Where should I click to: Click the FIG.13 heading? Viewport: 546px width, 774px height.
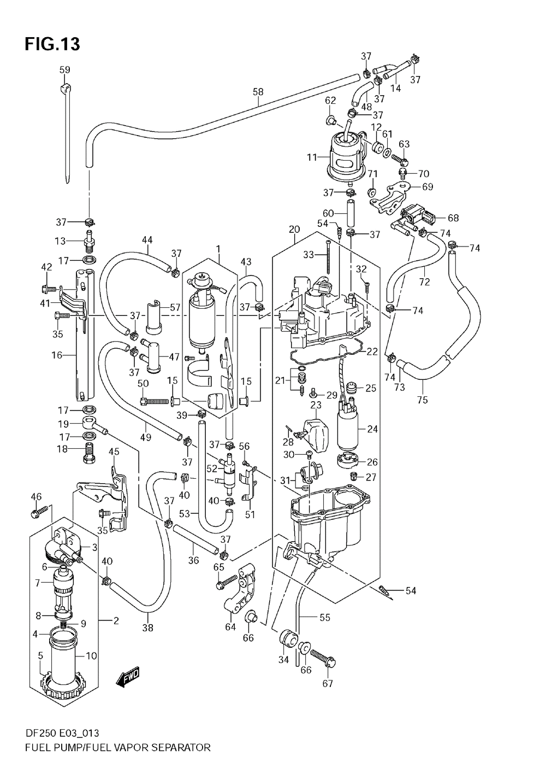pyautogui.click(x=52, y=44)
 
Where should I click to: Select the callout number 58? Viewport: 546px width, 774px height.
pyautogui.click(x=258, y=92)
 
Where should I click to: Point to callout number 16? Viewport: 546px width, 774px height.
pyautogui.click(x=57, y=355)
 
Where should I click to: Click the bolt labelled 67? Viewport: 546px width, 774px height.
pyautogui.click(x=323, y=659)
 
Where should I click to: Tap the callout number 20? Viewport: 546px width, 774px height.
pyautogui.click(x=294, y=229)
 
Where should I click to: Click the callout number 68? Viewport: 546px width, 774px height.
pyautogui.click(x=453, y=218)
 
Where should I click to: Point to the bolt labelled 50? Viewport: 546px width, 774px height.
pyautogui.click(x=155, y=401)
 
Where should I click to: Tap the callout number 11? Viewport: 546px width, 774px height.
pyautogui.click(x=312, y=157)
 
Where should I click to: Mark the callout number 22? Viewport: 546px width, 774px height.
pyautogui.click(x=372, y=351)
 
